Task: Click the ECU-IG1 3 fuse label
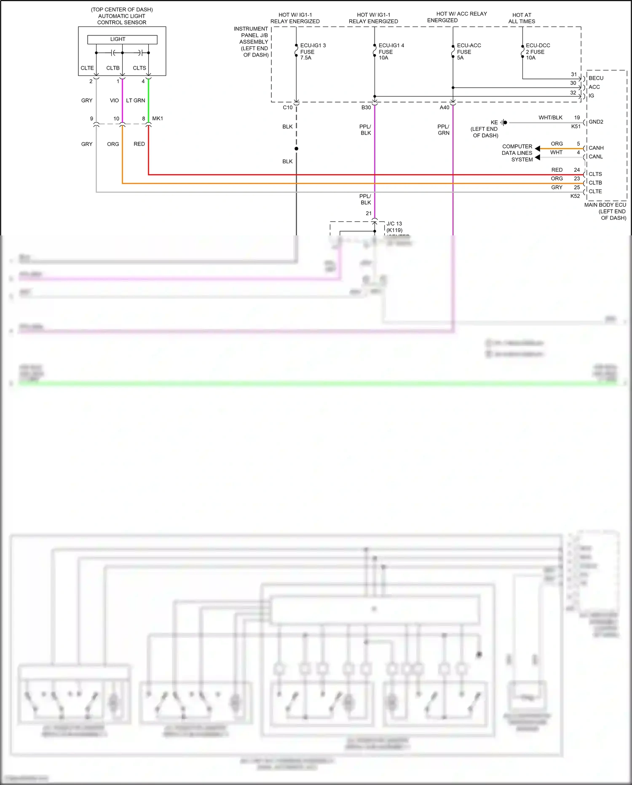[312, 51]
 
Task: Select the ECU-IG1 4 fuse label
[391, 51]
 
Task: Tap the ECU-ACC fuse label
[468, 51]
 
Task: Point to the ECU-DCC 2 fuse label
[537, 51]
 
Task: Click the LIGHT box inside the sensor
[122, 39]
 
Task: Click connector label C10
[287, 108]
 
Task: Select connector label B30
[366, 108]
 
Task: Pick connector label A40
[444, 108]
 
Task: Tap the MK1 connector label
[158, 119]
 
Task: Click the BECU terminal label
[596, 78]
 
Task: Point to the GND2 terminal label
[596, 122]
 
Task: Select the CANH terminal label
[596, 148]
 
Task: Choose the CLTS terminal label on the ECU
[595, 174]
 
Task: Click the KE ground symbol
[504, 123]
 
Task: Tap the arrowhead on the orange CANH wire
[538, 149]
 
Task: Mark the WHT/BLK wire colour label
[550, 118]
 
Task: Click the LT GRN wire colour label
[135, 100]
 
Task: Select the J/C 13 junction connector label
[394, 224]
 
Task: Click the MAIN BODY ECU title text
[605, 205]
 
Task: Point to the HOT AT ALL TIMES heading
[522, 18]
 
